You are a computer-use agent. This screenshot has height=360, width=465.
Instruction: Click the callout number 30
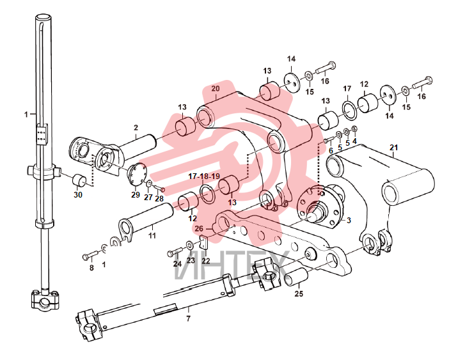pos(78,195)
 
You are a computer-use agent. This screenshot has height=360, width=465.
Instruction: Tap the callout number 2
pos(136,127)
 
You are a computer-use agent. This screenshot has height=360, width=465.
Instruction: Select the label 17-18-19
pos(204,176)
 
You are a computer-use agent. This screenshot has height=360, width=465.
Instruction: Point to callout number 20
pos(216,88)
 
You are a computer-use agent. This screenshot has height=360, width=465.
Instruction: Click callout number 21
pos(394,147)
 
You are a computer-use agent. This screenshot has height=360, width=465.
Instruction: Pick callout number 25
pos(299,293)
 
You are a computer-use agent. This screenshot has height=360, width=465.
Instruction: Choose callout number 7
pos(188,319)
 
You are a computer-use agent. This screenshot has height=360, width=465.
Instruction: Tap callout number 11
pos(152,236)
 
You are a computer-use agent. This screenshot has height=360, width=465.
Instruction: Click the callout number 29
pos(136,195)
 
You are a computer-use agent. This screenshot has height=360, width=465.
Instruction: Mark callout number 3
pos(349,221)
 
